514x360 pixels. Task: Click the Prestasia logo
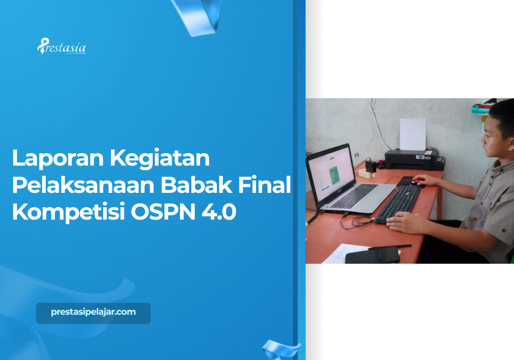point(61,47)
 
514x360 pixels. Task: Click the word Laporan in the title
point(56,158)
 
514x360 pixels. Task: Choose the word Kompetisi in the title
point(66,213)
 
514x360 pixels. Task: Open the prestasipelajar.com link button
point(93,313)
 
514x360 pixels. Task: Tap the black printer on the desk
point(414,159)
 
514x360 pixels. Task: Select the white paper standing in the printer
point(413,134)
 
